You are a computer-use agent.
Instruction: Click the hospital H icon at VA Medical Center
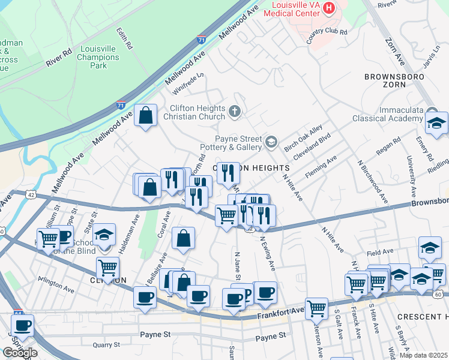[328, 8]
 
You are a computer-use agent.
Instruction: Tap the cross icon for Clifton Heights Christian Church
[235, 110]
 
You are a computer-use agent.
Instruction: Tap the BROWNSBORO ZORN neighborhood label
[394, 82]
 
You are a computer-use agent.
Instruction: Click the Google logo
[20, 352]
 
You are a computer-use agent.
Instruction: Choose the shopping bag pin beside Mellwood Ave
[146, 115]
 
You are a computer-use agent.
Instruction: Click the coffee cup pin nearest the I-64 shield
[23, 326]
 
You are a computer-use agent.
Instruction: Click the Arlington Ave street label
[56, 285]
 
